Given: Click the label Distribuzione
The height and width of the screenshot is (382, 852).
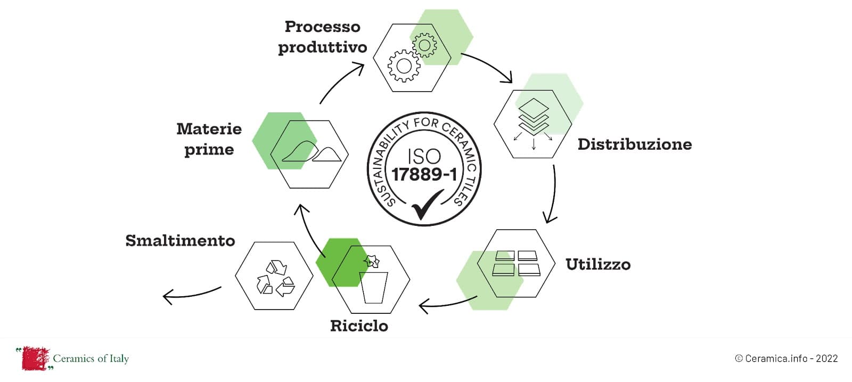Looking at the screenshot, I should [x=634, y=144].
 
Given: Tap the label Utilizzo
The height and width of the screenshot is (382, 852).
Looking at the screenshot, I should [x=597, y=264].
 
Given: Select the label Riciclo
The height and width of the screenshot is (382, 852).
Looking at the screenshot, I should [x=359, y=326].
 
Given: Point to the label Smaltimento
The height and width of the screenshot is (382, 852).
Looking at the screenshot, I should [x=180, y=241].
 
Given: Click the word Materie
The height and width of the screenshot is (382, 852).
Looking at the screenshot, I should [x=209, y=129].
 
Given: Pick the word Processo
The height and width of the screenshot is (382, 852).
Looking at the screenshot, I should [x=322, y=27].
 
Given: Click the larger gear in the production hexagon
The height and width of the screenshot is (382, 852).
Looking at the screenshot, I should [x=404, y=66].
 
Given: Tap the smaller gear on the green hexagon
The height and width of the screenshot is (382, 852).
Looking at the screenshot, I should [x=424, y=45].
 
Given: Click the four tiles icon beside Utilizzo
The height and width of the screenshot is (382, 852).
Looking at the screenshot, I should [x=517, y=263].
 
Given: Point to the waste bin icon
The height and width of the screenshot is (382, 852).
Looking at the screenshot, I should [x=373, y=282].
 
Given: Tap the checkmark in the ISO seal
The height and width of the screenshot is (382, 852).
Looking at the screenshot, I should [x=426, y=204].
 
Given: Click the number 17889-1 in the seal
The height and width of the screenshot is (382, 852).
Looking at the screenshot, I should [x=424, y=174].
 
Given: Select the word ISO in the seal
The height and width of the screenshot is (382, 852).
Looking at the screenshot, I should [x=424, y=156].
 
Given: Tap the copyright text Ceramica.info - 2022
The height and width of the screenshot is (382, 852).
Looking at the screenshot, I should [x=786, y=359].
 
